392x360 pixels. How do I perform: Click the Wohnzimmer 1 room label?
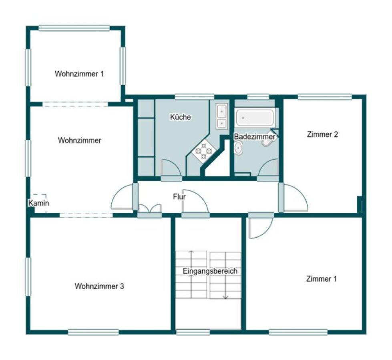[79, 74]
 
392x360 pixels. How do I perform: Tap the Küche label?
[180, 117]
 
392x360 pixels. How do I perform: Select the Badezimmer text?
[254, 137]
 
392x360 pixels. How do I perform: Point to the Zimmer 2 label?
[322, 134]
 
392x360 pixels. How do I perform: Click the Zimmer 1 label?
[321, 279]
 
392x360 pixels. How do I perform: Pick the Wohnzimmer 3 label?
[99, 286]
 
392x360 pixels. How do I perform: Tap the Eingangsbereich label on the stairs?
[210, 271]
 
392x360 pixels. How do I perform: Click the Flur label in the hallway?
[179, 197]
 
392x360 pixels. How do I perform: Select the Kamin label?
[38, 203]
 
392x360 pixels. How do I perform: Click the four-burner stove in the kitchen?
[203, 151]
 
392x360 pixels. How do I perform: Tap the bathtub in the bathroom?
[255, 118]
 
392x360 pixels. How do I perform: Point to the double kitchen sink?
[221, 116]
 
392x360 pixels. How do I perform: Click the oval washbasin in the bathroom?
[238, 148]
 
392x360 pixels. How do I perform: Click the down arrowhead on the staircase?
[226, 297]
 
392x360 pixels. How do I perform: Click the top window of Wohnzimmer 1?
[74, 28]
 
